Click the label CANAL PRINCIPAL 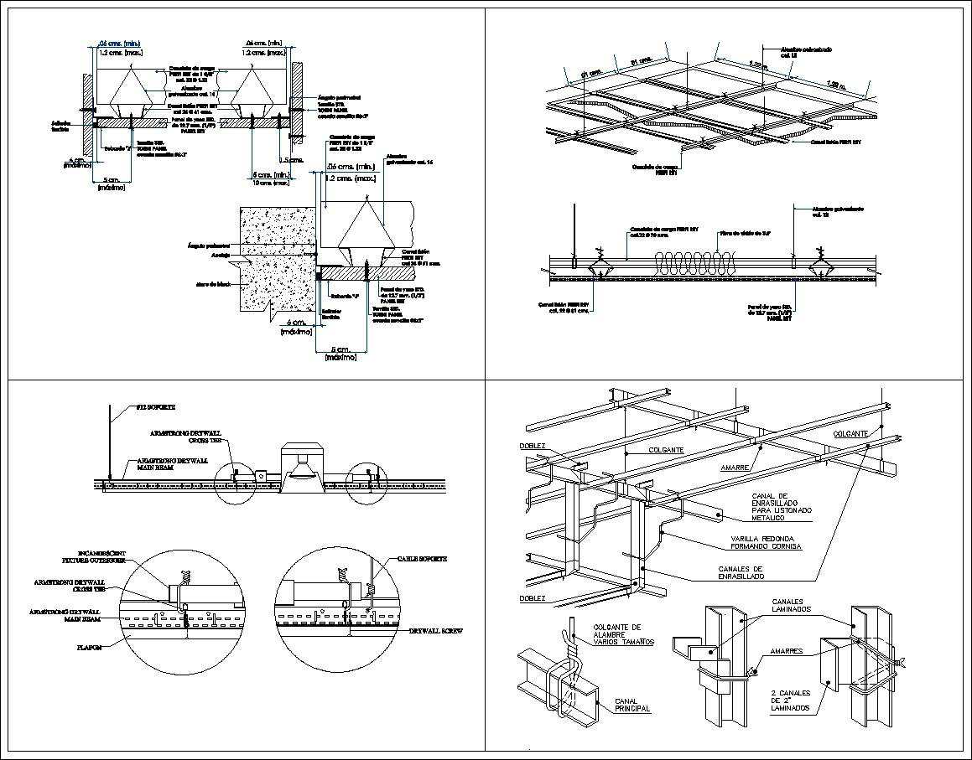(632, 705)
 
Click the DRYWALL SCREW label (435, 631)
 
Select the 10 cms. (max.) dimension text (271, 183)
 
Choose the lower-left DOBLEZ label (532, 598)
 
